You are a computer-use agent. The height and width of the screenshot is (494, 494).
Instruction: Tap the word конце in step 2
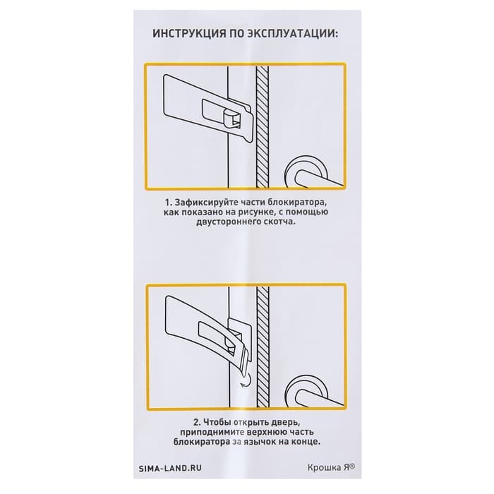point(306,442)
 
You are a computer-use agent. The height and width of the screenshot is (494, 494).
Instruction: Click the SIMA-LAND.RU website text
point(170,468)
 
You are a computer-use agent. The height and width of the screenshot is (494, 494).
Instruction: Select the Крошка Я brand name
point(331,467)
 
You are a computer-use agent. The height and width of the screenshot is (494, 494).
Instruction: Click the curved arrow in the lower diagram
point(246,380)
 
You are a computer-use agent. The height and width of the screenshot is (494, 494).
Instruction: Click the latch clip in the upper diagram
point(232,121)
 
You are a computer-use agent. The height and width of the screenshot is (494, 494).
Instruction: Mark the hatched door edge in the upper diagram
point(262,126)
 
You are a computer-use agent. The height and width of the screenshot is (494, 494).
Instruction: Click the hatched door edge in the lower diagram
point(263,347)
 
